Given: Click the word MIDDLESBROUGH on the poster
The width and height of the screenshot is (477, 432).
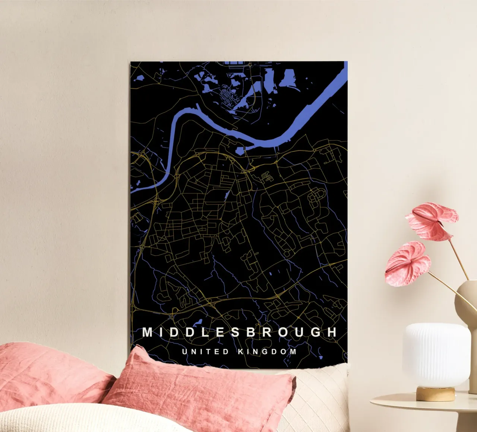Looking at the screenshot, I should [x=240, y=332].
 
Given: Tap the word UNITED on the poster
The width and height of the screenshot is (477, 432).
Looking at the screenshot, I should [x=205, y=352].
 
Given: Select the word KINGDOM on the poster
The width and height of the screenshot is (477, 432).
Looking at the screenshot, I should [x=267, y=352].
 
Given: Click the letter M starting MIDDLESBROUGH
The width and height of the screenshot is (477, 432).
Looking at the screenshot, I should [x=148, y=332].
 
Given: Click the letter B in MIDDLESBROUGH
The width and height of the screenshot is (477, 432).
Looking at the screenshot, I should [x=251, y=332].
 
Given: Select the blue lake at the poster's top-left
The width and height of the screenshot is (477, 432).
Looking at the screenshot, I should [x=138, y=79].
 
